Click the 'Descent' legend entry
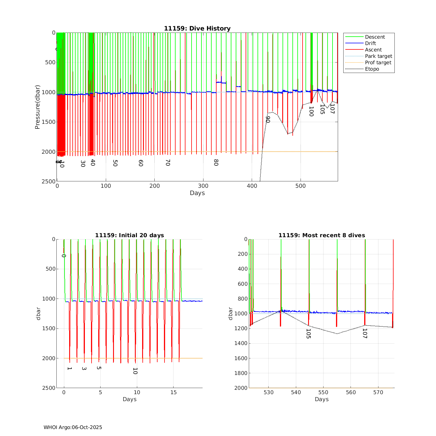click(x=375, y=37)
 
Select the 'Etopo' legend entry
click(x=372, y=69)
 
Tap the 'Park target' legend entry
click(x=378, y=56)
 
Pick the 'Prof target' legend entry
click(x=378, y=62)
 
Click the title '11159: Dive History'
click(x=197, y=28)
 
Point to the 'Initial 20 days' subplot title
click(x=129, y=235)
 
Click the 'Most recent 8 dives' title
click(x=321, y=235)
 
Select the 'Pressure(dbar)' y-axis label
click(x=37, y=107)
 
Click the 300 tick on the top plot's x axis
click(x=203, y=186)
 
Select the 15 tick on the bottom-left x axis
click(x=173, y=392)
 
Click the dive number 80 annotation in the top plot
click(x=216, y=162)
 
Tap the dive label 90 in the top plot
click(x=268, y=119)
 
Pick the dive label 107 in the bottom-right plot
click(x=364, y=333)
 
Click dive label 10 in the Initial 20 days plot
click(x=135, y=371)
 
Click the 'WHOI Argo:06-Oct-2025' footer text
click(x=73, y=427)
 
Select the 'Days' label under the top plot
click(x=197, y=193)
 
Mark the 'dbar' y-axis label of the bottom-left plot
click(x=38, y=313)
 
